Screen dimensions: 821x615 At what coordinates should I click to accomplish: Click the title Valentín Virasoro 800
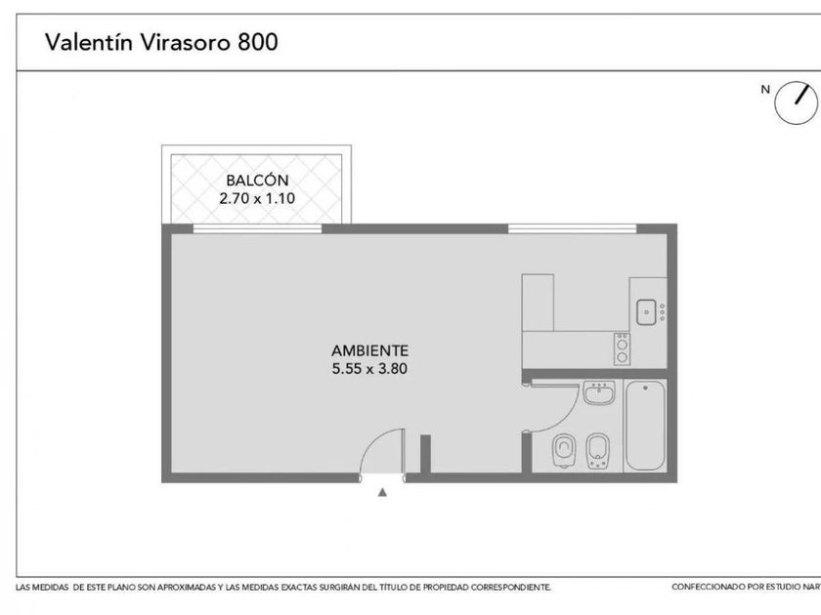161,42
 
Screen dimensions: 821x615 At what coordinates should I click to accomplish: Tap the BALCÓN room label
257,181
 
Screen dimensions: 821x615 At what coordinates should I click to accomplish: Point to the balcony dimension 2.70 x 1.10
257,199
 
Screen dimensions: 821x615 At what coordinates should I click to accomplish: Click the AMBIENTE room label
369,350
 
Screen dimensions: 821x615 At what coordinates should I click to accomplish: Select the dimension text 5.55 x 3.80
369,369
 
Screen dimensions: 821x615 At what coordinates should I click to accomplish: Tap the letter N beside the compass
765,90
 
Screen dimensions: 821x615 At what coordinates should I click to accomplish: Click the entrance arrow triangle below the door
383,492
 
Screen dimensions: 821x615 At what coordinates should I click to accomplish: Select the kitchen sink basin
646,312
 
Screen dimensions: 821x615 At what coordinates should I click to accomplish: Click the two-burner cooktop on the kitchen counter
622,348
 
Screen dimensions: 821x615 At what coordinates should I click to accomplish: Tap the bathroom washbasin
599,392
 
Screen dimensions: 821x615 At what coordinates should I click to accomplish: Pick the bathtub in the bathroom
646,426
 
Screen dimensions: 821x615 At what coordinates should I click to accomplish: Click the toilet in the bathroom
563,451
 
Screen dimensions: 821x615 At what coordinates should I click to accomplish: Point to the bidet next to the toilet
597,451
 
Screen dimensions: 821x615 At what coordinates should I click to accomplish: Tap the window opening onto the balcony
257,228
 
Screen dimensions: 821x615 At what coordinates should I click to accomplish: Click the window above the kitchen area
573,228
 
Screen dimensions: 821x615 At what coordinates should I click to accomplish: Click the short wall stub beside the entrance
426,454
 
